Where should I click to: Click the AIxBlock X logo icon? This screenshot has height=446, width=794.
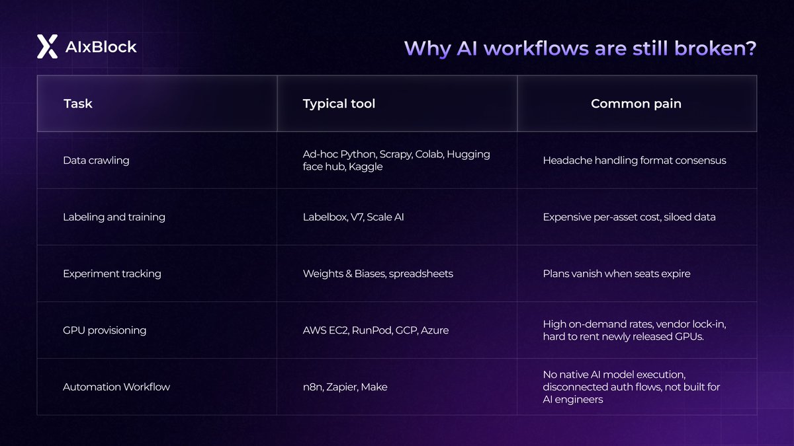tap(47, 47)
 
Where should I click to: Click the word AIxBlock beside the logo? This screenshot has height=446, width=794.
tap(101, 47)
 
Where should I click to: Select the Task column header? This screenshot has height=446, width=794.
tap(78, 104)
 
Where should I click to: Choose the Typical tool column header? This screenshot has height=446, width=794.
tap(339, 104)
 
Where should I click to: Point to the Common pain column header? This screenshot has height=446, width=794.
tap(636, 104)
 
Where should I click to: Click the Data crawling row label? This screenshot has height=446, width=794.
tap(96, 161)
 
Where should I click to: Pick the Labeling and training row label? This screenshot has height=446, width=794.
tap(114, 217)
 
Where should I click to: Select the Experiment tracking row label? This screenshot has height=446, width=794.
tap(112, 274)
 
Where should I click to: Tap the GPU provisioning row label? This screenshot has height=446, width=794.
tap(105, 330)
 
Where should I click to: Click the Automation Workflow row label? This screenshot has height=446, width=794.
tap(116, 387)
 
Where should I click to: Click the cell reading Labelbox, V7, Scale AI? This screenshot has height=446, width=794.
tap(353, 217)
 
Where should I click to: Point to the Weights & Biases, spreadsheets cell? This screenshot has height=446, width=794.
tap(378, 274)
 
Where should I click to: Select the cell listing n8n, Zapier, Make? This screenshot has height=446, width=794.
tap(345, 387)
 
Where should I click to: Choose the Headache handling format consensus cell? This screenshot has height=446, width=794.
tap(635, 161)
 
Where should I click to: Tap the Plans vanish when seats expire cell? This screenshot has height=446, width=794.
tap(617, 274)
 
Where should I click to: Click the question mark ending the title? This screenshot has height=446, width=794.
tap(750, 48)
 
